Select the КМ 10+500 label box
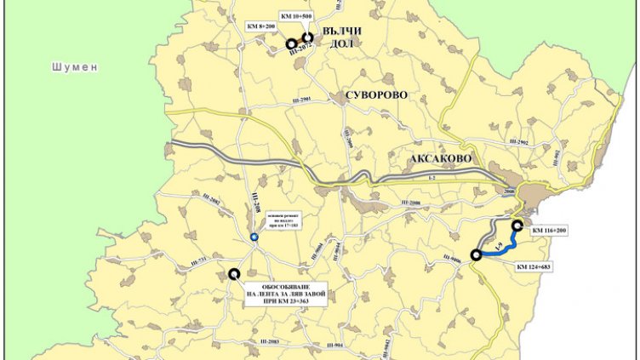297,16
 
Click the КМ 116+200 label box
554,231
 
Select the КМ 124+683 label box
545,267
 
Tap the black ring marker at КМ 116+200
517,225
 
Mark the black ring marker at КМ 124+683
475,254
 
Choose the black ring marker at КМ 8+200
291,43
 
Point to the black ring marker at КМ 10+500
307,37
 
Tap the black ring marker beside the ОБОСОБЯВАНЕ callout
233,273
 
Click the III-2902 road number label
517,141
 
